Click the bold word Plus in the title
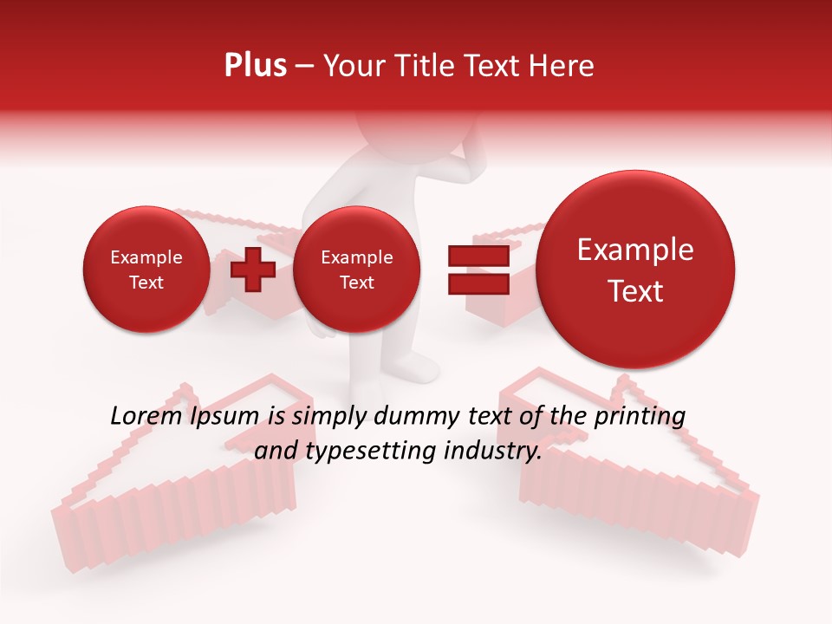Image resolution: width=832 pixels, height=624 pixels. pos(255,66)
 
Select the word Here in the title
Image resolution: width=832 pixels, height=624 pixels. pos(564,66)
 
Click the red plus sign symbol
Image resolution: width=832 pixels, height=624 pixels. pos(252,270)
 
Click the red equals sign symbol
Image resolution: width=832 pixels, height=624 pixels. pos(478,270)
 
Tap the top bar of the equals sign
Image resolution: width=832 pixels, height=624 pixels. pos(478,257)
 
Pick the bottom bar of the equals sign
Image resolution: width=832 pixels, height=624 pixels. pos(478,284)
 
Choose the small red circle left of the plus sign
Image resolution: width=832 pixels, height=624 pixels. pos(146,270)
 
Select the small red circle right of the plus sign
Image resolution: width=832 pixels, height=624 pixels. pos(356,270)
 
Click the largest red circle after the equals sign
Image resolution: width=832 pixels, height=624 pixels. pos(635,270)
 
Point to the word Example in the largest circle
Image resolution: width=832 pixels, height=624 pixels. pos(635,250)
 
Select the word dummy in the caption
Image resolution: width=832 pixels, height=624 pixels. pos(414,417)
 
